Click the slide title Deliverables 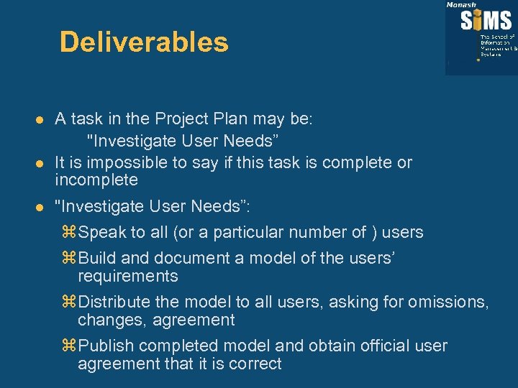pyautogui.click(x=144, y=42)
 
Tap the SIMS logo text pyautogui.click(x=486, y=19)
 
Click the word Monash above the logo pyautogui.click(x=461, y=4)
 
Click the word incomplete pyautogui.click(x=96, y=180)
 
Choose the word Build pyautogui.click(x=96, y=259)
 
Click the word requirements pyautogui.click(x=128, y=277)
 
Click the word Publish pyautogui.click(x=105, y=346)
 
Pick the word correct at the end pyautogui.click(x=255, y=364)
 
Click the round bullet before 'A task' pyautogui.click(x=42, y=118)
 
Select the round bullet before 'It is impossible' pyautogui.click(x=42, y=163)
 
